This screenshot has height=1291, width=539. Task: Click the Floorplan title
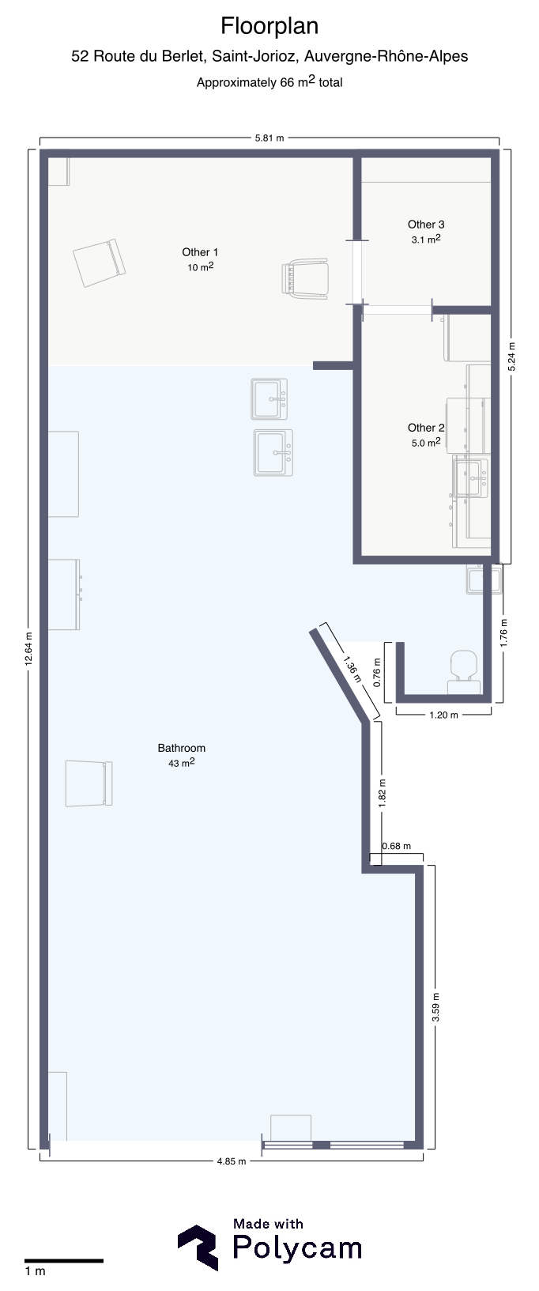coord(269,27)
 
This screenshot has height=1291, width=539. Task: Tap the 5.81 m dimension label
coord(269,138)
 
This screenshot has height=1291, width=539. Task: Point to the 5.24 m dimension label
coord(512,357)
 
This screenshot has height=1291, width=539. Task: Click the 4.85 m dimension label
coord(232,1161)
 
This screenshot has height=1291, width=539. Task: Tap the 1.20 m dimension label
coord(444,715)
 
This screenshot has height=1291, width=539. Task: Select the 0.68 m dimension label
coord(397,846)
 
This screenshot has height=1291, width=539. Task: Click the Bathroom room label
coord(182,748)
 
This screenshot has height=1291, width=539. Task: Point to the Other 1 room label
coord(200,252)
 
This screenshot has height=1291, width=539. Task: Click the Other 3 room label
coord(426,225)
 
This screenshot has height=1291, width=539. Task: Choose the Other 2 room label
coord(426,428)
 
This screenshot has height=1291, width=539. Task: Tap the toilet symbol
coord(464,671)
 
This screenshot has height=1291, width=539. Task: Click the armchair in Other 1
coord(305,279)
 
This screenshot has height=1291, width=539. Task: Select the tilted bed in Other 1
coord(100,262)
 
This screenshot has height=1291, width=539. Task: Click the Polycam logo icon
coord(198,1248)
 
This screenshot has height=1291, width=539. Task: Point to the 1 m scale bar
coord(64,1260)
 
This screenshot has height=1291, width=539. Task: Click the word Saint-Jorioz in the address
coord(253,56)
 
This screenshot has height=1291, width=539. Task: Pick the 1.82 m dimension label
coord(383,793)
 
